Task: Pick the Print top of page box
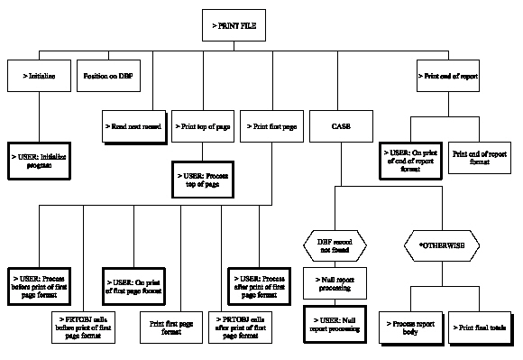coord(202,126)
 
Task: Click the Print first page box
coord(274,126)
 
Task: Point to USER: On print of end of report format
coord(411,158)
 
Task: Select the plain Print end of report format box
coord(478,158)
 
